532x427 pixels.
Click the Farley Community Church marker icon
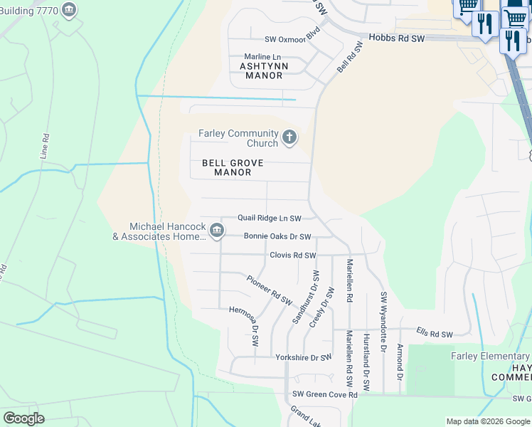289,137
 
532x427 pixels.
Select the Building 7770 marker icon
69,10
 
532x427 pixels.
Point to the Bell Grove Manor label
233,167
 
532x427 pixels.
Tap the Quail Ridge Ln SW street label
269,218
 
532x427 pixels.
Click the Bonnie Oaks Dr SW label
277,236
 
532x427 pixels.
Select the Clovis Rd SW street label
292,255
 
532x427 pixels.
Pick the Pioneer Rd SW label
270,290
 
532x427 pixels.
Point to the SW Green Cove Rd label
324,394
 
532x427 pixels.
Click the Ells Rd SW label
435,334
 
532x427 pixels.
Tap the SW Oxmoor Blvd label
292,39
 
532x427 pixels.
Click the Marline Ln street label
257,56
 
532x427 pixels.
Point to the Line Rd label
46,146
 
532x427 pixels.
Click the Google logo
23,418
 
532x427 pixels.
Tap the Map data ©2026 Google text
487,421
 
